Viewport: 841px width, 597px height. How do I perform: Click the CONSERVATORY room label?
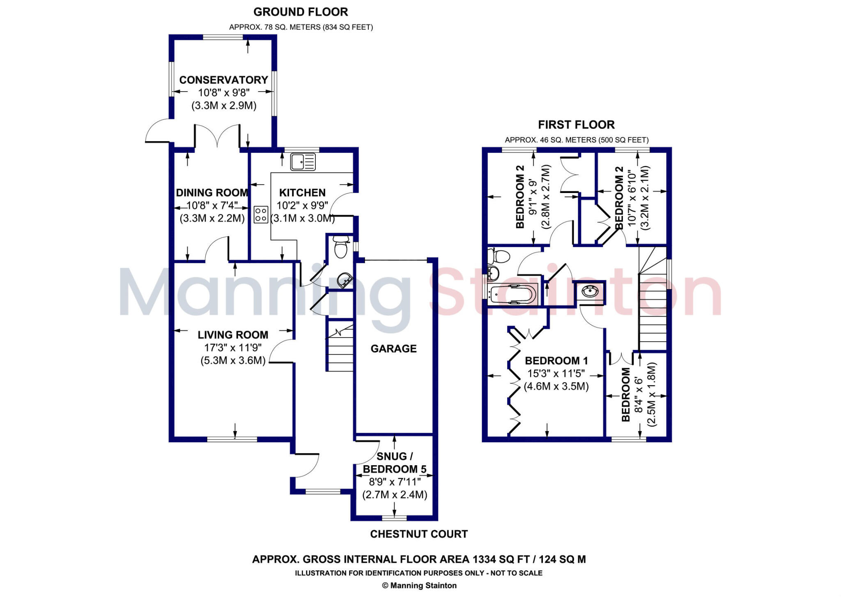[x=223, y=80]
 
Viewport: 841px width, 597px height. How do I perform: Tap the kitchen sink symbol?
[x=303, y=161]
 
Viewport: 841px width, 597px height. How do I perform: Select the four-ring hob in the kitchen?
[x=261, y=214]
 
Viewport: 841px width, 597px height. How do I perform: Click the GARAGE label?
[x=393, y=349]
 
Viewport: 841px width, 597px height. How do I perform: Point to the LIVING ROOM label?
[x=233, y=335]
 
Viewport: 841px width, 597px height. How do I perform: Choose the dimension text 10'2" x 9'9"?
[x=302, y=206]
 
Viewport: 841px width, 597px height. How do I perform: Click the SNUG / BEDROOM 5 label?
[x=395, y=463]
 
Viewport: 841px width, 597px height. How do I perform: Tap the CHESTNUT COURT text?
[x=419, y=534]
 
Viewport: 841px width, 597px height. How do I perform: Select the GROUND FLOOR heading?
[x=301, y=12]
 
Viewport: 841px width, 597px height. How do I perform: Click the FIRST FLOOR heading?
[x=576, y=124]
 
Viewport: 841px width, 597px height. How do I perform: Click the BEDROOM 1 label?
[x=556, y=361]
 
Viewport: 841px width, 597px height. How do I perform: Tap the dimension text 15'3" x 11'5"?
[x=556, y=374]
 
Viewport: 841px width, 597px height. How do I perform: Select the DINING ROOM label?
[x=212, y=193]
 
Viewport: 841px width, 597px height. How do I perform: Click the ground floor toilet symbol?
[x=340, y=248]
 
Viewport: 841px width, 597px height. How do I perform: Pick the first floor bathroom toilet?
[x=499, y=257]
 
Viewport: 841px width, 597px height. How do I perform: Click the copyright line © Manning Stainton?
[x=419, y=586]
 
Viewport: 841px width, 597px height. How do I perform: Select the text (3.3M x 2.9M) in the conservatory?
[x=224, y=106]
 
